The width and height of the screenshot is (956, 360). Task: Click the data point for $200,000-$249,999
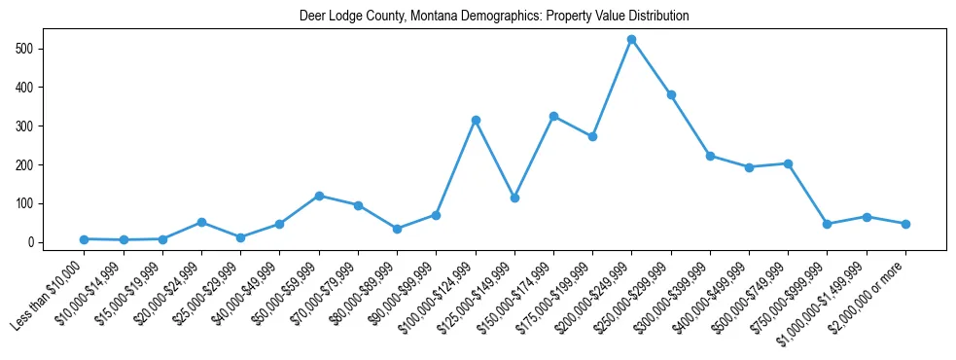[x=631, y=39]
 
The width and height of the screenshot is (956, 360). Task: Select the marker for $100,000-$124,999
[x=476, y=120]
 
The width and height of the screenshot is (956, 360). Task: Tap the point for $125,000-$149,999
[x=514, y=198]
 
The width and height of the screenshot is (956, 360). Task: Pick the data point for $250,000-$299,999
[x=671, y=95]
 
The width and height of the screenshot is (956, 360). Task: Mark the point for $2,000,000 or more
[x=905, y=224]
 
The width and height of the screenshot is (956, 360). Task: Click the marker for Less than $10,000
[x=85, y=239]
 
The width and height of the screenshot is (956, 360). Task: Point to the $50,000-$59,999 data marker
[x=319, y=196]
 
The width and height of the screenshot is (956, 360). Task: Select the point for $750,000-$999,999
[x=827, y=224]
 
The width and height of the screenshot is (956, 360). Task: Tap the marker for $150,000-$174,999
[x=553, y=116]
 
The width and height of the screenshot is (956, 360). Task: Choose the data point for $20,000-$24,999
[x=201, y=222]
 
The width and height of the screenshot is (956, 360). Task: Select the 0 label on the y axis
[x=33, y=242]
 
